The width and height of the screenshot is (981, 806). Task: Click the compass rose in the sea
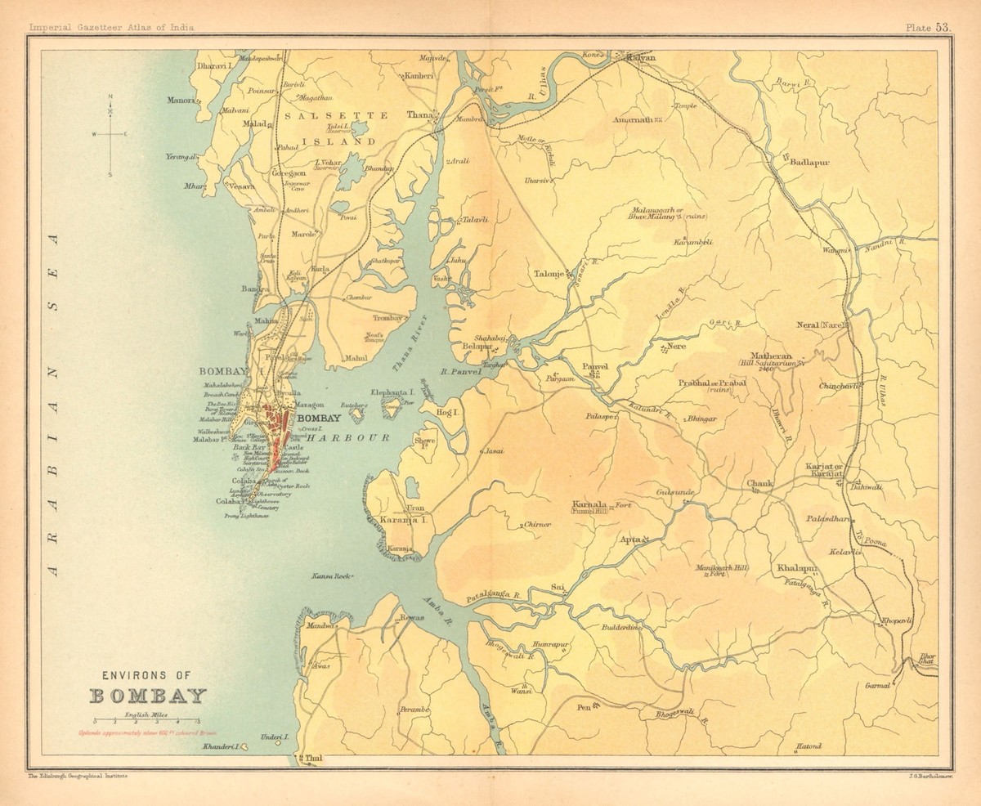(x=110, y=134)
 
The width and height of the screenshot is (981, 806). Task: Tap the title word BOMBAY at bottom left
(x=148, y=697)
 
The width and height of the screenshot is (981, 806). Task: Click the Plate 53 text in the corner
(x=928, y=27)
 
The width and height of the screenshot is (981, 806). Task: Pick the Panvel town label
(x=595, y=368)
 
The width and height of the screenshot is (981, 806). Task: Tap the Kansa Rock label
(x=329, y=577)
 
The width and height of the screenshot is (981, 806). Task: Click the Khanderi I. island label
(x=217, y=747)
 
